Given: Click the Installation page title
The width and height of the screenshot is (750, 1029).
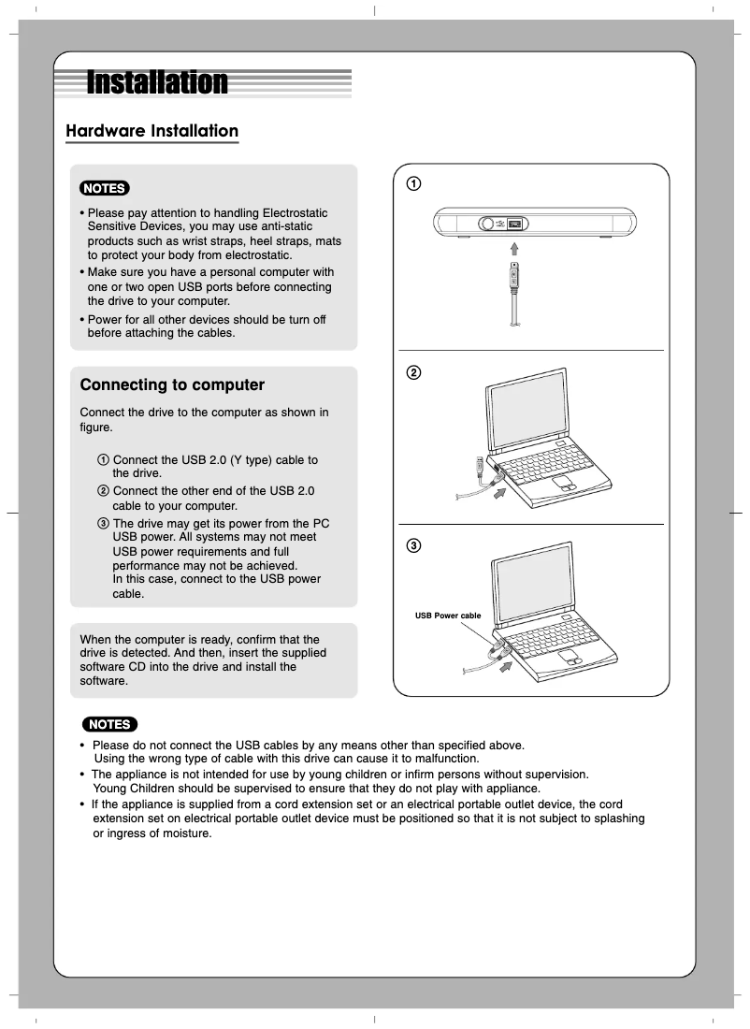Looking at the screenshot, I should coord(157,82).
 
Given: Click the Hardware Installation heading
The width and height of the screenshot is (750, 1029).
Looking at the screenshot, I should coord(151,131).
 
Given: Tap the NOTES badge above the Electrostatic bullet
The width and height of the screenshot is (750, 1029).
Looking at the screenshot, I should coord(105,188).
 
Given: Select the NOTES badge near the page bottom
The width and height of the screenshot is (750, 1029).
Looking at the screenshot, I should coord(109,724).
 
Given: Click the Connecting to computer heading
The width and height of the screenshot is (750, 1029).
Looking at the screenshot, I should coord(172,384).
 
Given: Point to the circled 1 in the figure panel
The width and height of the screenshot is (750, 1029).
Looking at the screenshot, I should coord(412,183).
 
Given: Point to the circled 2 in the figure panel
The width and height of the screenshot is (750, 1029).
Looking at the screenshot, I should coord(412,372).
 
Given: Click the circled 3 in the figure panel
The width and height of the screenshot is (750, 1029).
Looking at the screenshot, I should coord(412,545).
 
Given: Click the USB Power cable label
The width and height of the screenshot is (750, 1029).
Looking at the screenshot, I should coord(448,616).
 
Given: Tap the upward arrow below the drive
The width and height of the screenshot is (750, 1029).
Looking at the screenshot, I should coord(513,248).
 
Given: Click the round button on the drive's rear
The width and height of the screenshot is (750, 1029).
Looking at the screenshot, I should coord(487,225).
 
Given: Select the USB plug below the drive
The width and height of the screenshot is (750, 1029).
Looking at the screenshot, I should coord(513,277).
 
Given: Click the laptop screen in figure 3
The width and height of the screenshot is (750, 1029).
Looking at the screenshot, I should coord(536,587).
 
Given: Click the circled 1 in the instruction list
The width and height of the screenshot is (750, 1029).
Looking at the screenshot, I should coord(103,460).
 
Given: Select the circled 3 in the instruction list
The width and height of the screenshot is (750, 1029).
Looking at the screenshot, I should coord(103,523).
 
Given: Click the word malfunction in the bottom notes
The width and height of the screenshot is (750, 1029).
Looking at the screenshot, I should coord(445,759).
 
